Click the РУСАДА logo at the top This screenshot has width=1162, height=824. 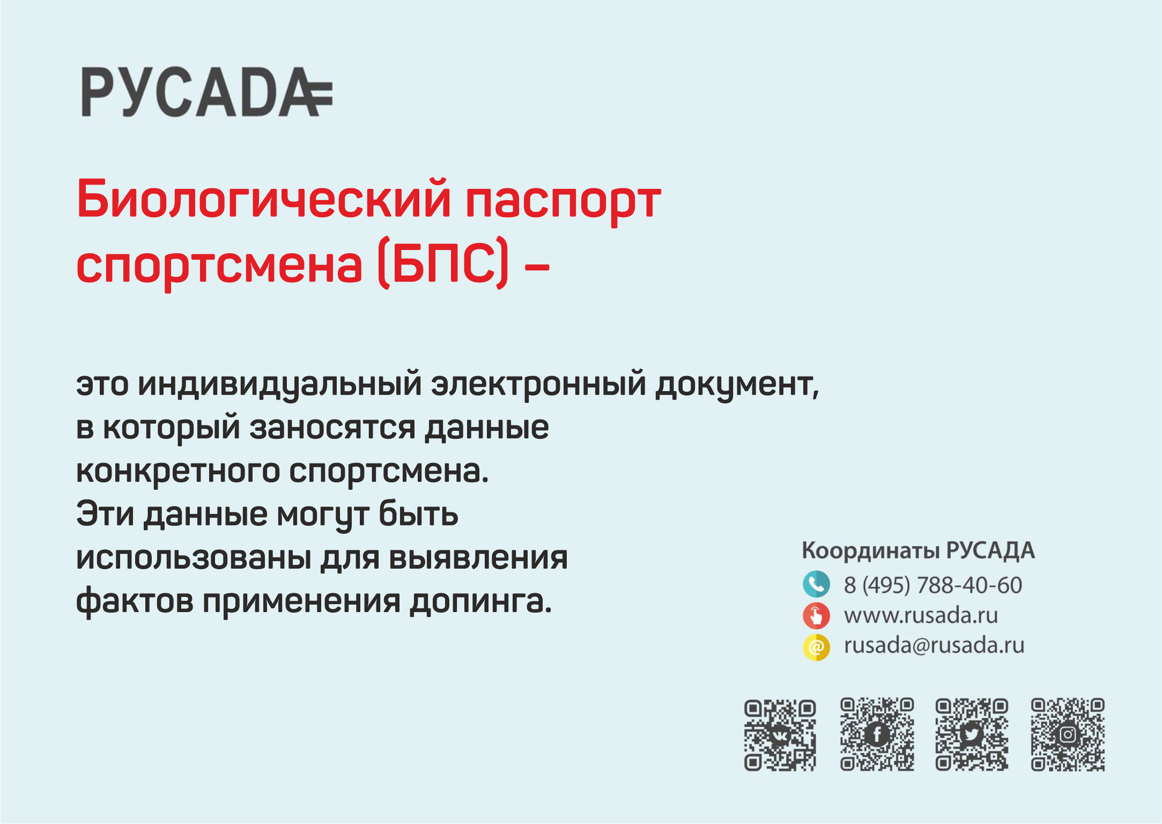pos(207,92)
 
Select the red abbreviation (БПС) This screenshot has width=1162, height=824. pos(443,262)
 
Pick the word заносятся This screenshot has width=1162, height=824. pos(332,429)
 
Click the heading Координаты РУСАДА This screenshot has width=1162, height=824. pos(918,551)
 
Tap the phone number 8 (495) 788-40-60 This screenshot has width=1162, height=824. pos(933,585)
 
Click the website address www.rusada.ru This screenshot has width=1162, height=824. pos(921,616)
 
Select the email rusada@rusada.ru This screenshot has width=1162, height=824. pos(934,645)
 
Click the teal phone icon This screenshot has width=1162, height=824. pos(816,584)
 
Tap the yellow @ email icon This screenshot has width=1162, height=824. pos(816,647)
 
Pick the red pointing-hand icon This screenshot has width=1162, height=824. pos(816,616)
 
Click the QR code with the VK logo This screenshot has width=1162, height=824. pos(780,735)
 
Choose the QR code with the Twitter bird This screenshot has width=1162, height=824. pos(972,734)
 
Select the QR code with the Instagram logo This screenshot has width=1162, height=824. pos(1068,734)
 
